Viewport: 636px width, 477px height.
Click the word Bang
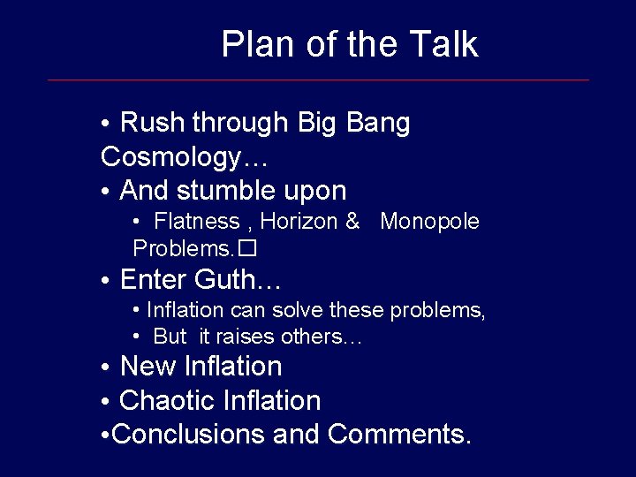pyautogui.click(x=378, y=123)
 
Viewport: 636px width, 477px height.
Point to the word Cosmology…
pyautogui.click(x=185, y=157)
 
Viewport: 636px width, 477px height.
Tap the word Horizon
pyautogui.click(x=299, y=222)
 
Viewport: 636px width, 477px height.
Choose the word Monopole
pyautogui.click(x=429, y=222)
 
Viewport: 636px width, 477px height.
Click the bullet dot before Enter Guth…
pyautogui.click(x=104, y=282)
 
